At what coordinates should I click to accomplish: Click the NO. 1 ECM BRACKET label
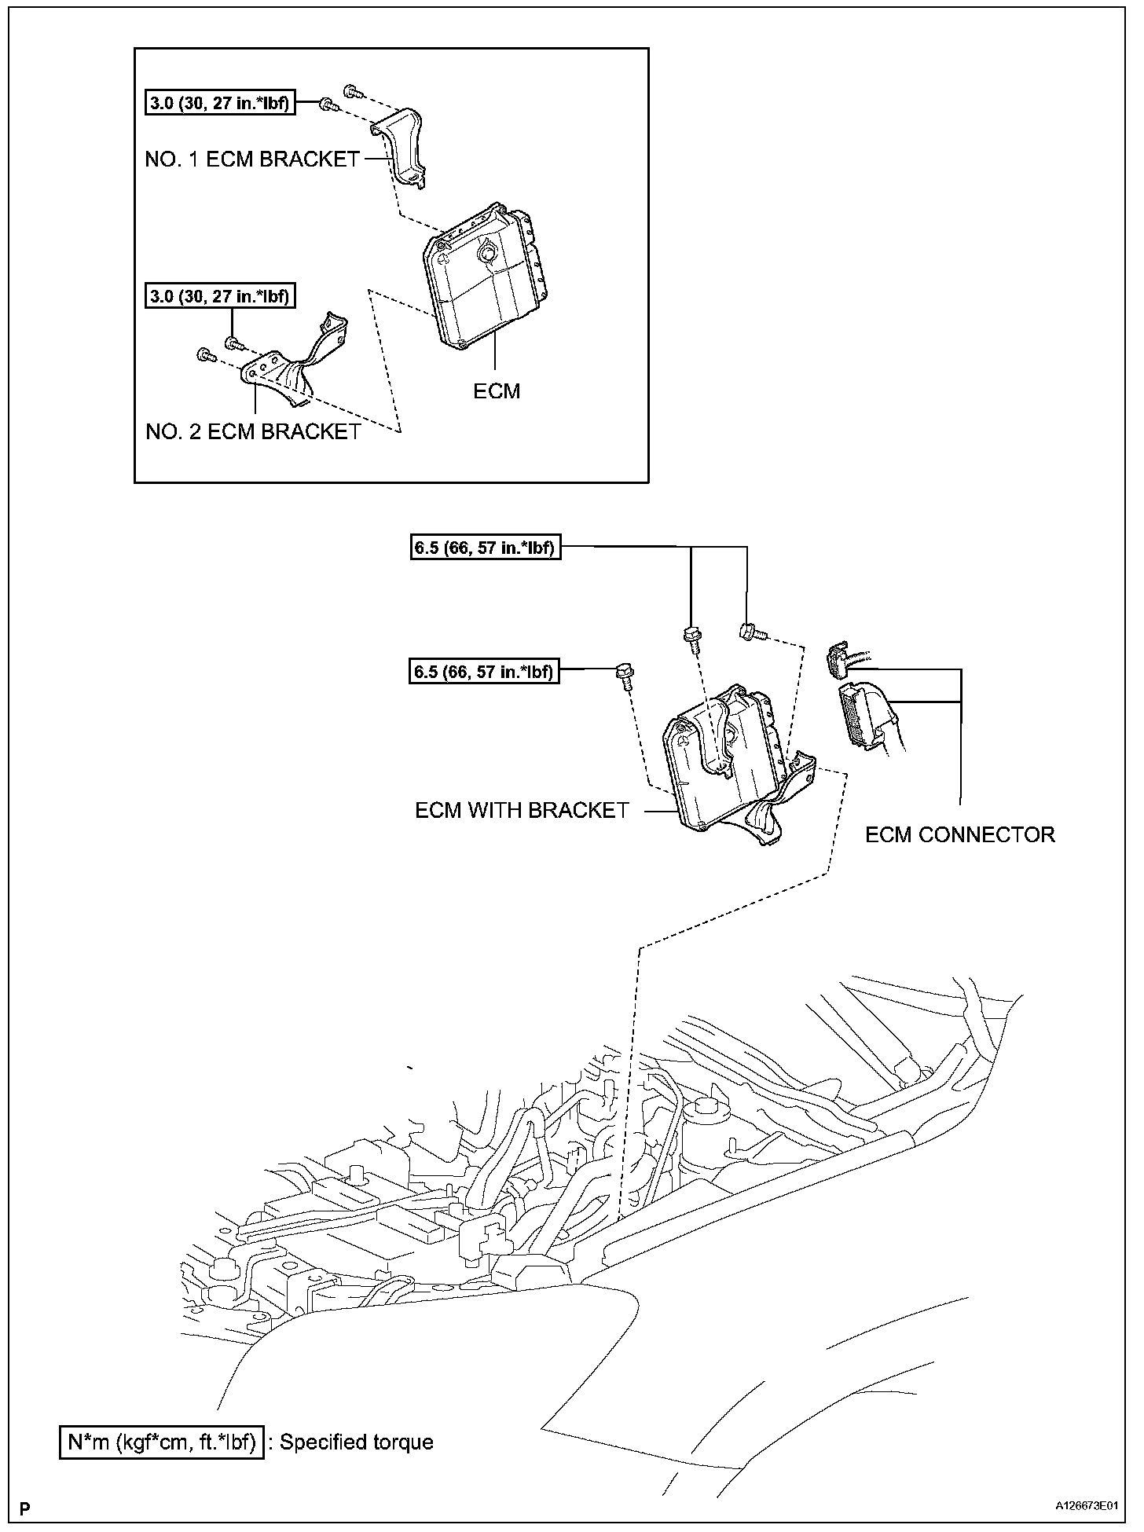[x=252, y=159]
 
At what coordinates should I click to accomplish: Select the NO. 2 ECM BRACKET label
[x=253, y=431]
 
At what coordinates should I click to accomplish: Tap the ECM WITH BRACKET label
[x=522, y=810]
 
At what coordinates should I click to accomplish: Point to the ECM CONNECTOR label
[x=959, y=834]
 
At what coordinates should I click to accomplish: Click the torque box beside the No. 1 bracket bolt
[x=221, y=103]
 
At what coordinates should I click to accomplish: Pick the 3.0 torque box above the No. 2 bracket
[x=221, y=297]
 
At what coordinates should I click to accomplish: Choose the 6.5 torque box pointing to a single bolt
[x=484, y=672]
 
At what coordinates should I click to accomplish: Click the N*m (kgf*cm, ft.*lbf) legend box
[x=161, y=1442]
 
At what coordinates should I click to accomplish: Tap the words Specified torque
[x=356, y=1442]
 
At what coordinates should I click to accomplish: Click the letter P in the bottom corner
[x=26, y=1508]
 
